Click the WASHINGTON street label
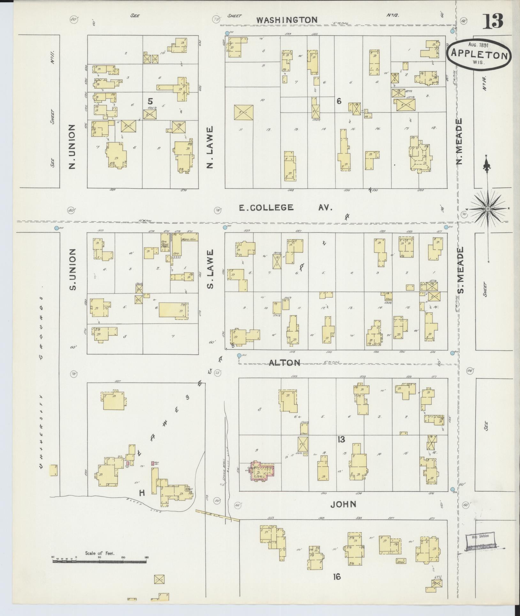coord(287,20)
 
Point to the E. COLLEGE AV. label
coord(286,208)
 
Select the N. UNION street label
coord(72,147)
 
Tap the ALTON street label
coord(284,363)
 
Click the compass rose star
coord(488,209)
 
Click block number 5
coord(150,101)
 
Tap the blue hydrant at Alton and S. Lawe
coord(239,355)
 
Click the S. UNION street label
coord(73,269)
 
